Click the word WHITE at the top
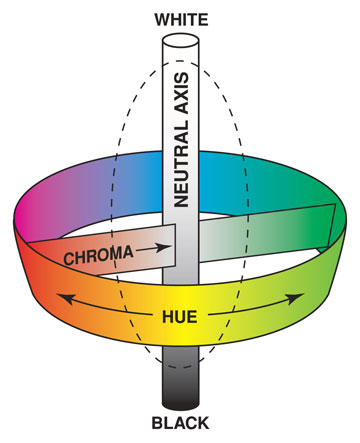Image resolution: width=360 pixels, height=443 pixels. tap(180, 18)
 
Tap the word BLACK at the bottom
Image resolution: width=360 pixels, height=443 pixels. tap(181, 425)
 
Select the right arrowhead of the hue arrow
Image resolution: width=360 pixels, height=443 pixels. tap(301, 297)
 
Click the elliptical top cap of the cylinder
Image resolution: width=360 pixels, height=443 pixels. tap(180, 43)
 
